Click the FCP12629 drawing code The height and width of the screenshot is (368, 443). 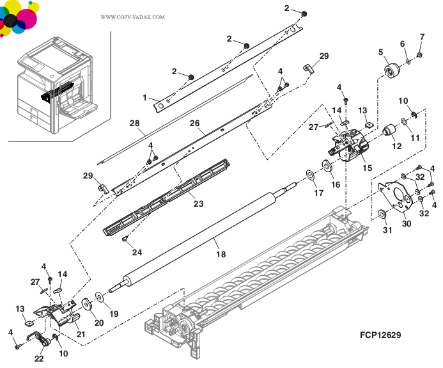pyautogui.click(x=381, y=335)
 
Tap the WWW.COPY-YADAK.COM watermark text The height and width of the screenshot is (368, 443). pyautogui.click(x=132, y=17)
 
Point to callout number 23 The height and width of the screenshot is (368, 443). pyautogui.click(x=198, y=205)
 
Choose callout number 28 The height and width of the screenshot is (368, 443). pyautogui.click(x=134, y=123)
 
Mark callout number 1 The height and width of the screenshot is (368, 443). pyautogui.click(x=145, y=98)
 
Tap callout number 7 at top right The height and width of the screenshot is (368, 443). pyautogui.click(x=422, y=36)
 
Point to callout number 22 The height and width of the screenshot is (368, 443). pyautogui.click(x=40, y=358)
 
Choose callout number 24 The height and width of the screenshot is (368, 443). pyautogui.click(x=137, y=252)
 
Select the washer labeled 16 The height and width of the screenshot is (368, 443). pyautogui.click(x=326, y=167)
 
